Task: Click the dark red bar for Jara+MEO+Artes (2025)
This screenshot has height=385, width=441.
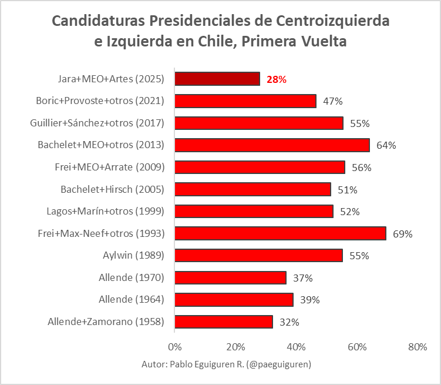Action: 217,79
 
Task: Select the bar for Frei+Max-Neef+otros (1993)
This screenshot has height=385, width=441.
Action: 280,233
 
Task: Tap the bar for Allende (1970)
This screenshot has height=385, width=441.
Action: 230,277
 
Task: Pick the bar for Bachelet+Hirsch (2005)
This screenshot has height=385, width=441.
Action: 253,189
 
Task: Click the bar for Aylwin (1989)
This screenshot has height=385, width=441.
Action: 258,256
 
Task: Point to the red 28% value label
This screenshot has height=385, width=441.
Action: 277,79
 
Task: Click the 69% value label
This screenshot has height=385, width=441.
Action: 403,234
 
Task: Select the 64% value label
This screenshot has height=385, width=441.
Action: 386,145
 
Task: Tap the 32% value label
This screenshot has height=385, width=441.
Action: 289,322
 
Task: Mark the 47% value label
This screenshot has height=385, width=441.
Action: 333,101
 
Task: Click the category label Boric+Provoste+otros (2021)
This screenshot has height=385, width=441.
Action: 100,101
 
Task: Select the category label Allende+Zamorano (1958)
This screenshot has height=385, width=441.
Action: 106,322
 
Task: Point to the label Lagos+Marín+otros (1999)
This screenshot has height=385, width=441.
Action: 106,212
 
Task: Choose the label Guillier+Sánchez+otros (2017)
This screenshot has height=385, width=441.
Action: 97,123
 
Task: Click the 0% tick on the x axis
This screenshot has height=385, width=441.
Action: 174,347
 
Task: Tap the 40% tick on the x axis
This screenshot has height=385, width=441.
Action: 296,347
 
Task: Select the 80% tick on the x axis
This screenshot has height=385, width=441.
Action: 418,347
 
